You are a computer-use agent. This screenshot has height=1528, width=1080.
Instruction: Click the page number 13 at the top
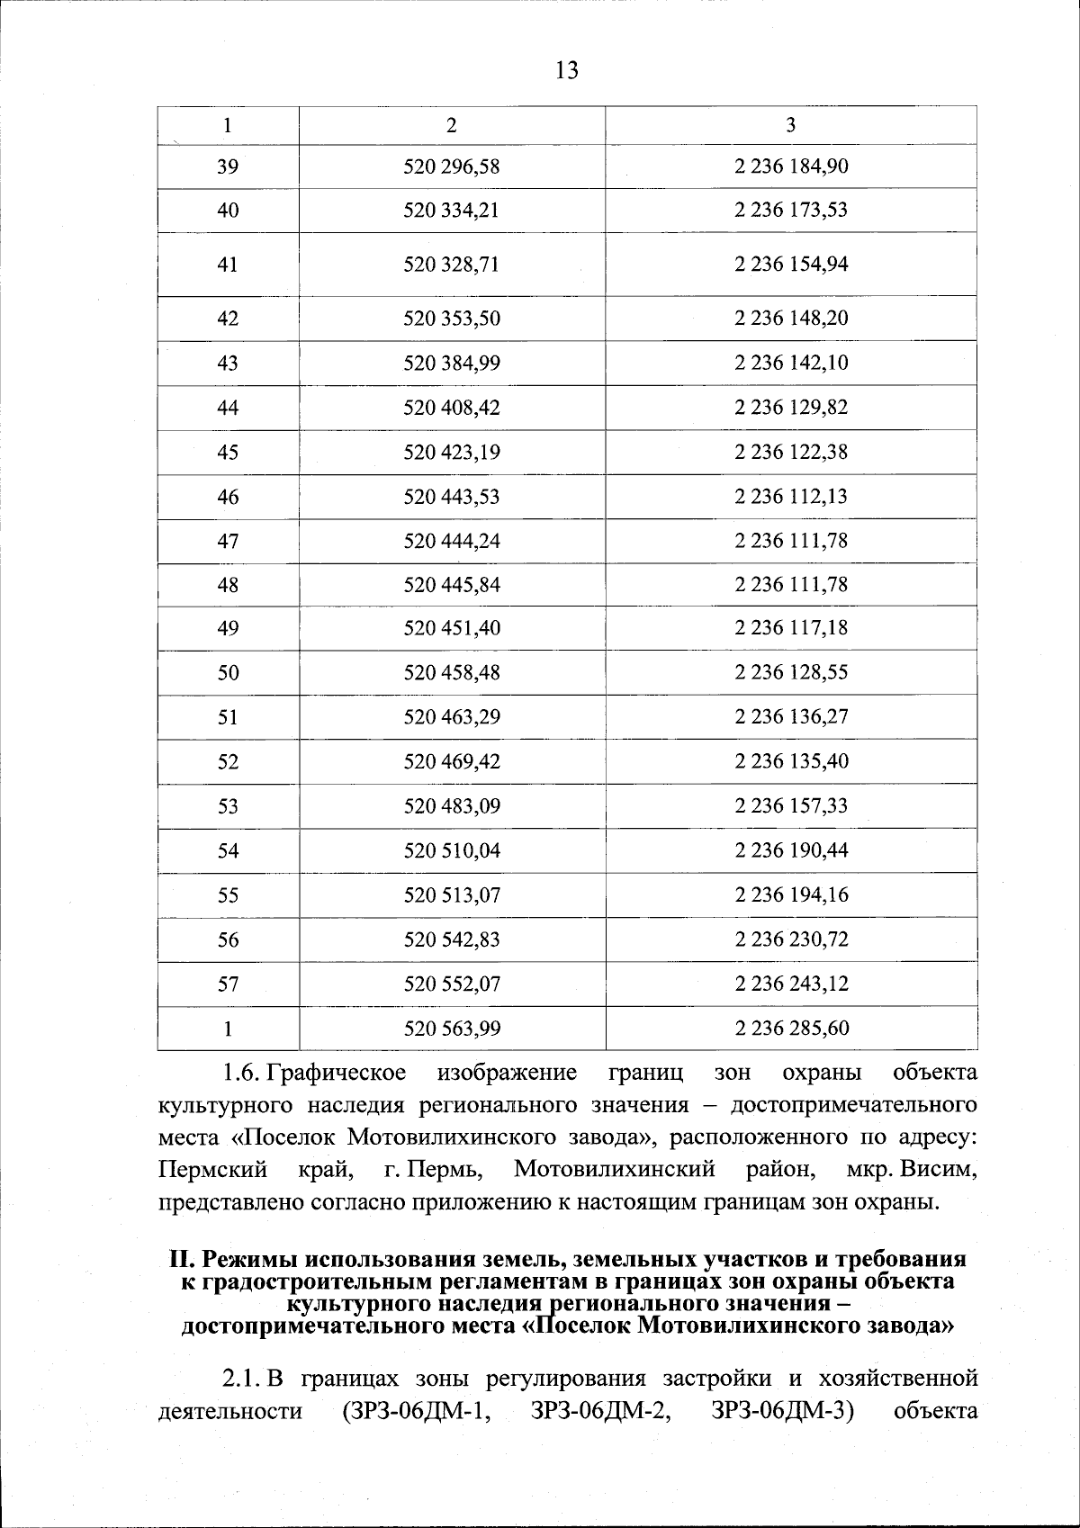click(x=567, y=70)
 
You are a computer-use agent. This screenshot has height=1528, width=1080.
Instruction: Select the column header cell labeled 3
click(x=790, y=126)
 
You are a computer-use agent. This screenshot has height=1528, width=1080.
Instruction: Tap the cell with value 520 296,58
click(x=452, y=166)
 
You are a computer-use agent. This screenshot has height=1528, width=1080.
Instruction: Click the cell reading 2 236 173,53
click(x=791, y=211)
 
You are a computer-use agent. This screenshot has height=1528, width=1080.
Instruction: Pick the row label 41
click(x=228, y=265)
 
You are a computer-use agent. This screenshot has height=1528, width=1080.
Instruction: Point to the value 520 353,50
click(x=452, y=319)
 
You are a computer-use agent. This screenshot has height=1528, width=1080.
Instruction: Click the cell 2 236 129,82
click(x=791, y=408)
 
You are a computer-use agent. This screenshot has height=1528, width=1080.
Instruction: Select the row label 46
click(x=228, y=497)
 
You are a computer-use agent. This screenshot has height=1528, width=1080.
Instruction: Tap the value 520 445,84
click(x=452, y=585)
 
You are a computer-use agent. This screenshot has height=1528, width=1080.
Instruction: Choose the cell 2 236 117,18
click(x=791, y=629)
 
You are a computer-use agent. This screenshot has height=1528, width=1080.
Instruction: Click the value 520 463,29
click(x=452, y=717)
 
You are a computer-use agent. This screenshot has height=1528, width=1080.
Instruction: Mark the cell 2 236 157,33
click(x=791, y=805)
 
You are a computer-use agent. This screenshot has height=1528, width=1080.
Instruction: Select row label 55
click(x=228, y=895)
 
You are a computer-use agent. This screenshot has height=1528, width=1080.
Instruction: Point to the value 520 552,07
click(x=452, y=984)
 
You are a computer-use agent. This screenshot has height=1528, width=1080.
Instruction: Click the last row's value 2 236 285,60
click(x=791, y=1028)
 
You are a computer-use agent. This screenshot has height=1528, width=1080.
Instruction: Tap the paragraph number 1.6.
click(x=240, y=1073)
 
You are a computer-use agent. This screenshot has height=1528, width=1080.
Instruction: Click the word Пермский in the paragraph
click(x=212, y=1170)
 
